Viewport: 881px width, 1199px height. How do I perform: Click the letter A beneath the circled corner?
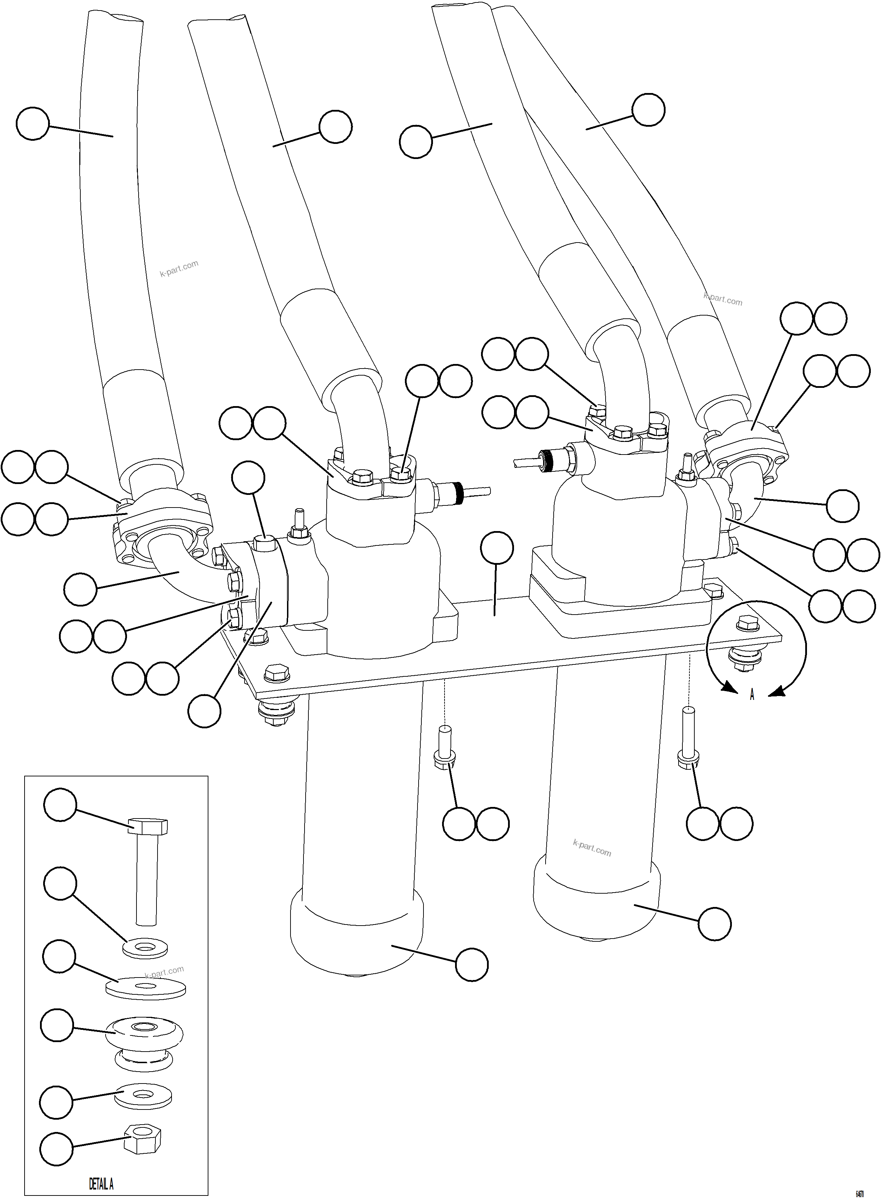(752, 695)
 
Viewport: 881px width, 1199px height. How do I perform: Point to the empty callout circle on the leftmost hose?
(33, 124)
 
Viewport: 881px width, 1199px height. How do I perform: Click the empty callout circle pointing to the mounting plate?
(496, 548)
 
